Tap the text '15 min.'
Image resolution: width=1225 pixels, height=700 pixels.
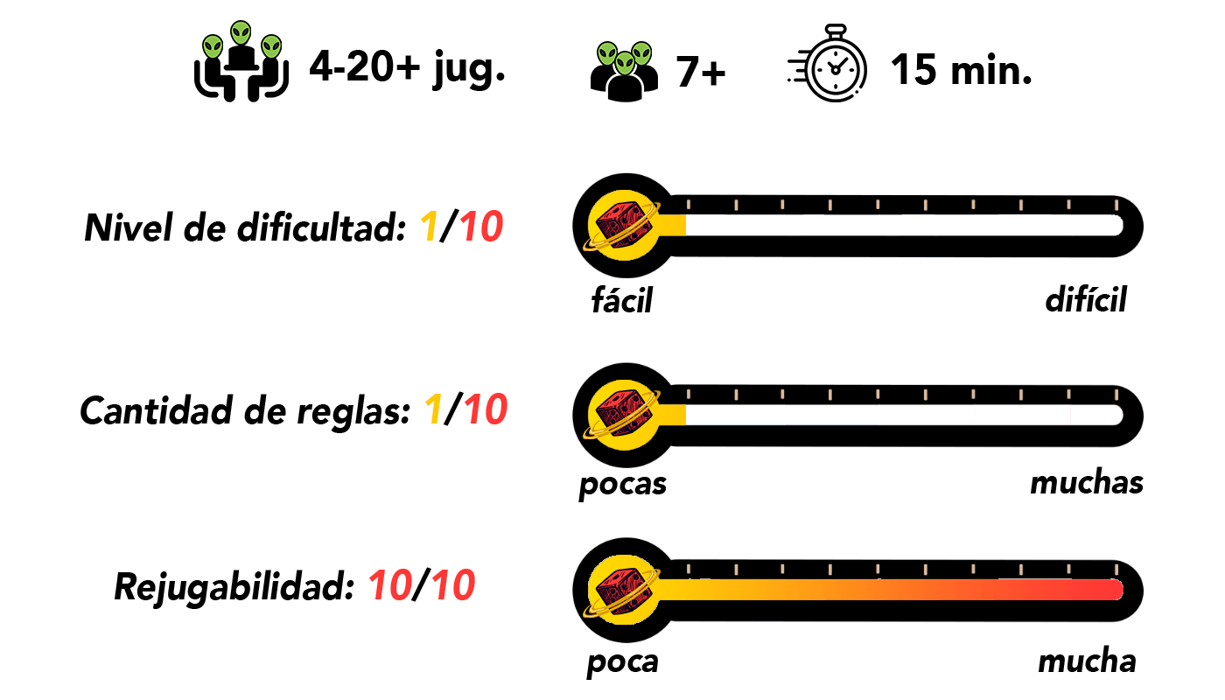[x=962, y=70]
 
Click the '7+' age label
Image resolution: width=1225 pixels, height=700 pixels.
[x=701, y=72]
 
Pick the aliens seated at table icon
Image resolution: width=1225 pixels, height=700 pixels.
[x=241, y=61]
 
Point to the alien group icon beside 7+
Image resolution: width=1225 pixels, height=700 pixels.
[x=625, y=71]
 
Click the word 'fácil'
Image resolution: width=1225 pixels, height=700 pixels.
[x=622, y=299]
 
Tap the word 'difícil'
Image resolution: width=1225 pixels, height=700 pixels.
[x=1086, y=299]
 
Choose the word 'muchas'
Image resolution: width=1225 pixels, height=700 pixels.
[x=1087, y=483]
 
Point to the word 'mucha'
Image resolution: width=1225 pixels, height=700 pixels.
[x=1087, y=661]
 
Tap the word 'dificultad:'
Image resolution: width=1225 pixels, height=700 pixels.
[x=321, y=227]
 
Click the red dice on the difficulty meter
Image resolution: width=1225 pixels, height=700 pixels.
[x=624, y=226]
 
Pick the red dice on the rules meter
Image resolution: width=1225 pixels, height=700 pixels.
[x=624, y=414]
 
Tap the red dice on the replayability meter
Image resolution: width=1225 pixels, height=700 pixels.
[x=624, y=589]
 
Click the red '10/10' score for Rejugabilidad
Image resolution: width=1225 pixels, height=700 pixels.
[x=422, y=585]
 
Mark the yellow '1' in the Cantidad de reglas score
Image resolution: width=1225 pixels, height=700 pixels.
[x=433, y=409]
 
